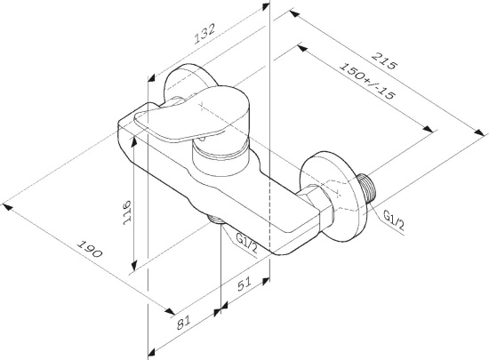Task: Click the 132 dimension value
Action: click(x=204, y=34)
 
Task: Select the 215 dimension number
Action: click(x=385, y=61)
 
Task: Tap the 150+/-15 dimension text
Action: click(x=367, y=81)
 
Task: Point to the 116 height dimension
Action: click(x=126, y=212)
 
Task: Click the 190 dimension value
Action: click(x=90, y=249)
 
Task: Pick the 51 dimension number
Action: click(x=244, y=284)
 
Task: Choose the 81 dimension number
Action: click(x=184, y=323)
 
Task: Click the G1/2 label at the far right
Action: click(x=394, y=220)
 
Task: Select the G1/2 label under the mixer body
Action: click(x=246, y=244)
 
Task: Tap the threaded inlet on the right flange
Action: click(x=367, y=189)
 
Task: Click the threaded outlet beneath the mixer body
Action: click(x=215, y=220)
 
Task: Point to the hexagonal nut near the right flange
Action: click(x=316, y=200)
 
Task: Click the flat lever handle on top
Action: click(x=191, y=115)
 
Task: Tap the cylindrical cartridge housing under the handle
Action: click(x=220, y=158)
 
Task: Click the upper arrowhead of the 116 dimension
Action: click(x=134, y=141)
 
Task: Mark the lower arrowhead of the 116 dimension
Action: click(x=134, y=266)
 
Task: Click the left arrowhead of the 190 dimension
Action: click(x=7, y=207)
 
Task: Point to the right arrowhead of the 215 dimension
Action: click(x=479, y=132)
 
